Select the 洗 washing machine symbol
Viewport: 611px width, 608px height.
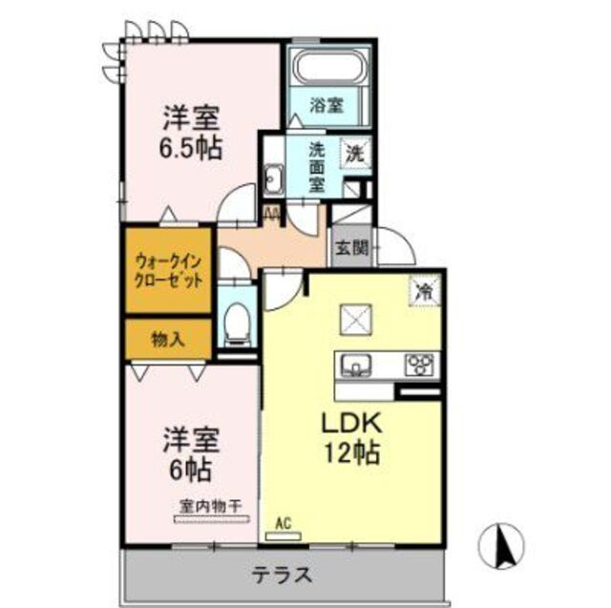pyautogui.click(x=353, y=152)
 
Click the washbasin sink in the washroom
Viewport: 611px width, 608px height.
pyautogui.click(x=274, y=178)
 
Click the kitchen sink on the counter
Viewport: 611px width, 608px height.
pyautogui.click(x=357, y=365)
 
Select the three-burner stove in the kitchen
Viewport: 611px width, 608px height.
pyautogui.click(x=418, y=365)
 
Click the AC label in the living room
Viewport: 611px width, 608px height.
pyautogui.click(x=283, y=522)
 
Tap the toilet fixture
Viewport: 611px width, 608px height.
pyautogui.click(x=237, y=325)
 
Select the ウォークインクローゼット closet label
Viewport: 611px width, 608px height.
pyautogui.click(x=168, y=270)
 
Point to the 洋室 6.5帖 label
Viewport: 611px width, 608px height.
pyautogui.click(x=191, y=133)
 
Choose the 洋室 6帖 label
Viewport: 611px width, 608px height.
pyautogui.click(x=190, y=452)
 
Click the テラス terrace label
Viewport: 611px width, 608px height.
pyautogui.click(x=282, y=575)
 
